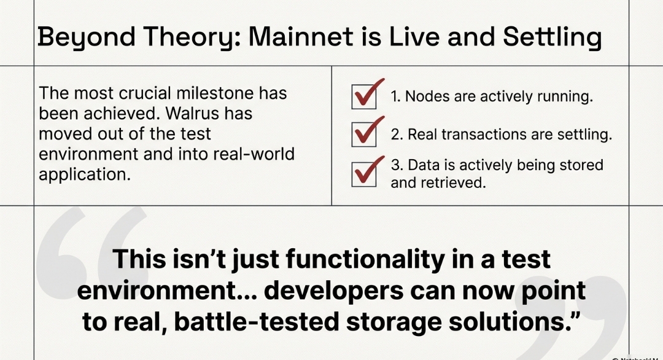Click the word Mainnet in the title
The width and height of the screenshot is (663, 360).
(x=301, y=36)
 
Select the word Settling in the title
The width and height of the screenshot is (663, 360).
(x=552, y=37)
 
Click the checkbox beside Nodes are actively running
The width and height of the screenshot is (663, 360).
(x=363, y=97)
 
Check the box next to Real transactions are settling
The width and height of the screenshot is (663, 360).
(x=363, y=135)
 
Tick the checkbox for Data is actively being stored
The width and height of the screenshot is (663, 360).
(x=363, y=174)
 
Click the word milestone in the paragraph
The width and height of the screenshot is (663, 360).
(x=215, y=93)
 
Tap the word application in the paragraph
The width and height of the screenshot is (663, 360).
(x=85, y=174)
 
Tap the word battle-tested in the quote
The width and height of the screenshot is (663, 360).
(x=257, y=322)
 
